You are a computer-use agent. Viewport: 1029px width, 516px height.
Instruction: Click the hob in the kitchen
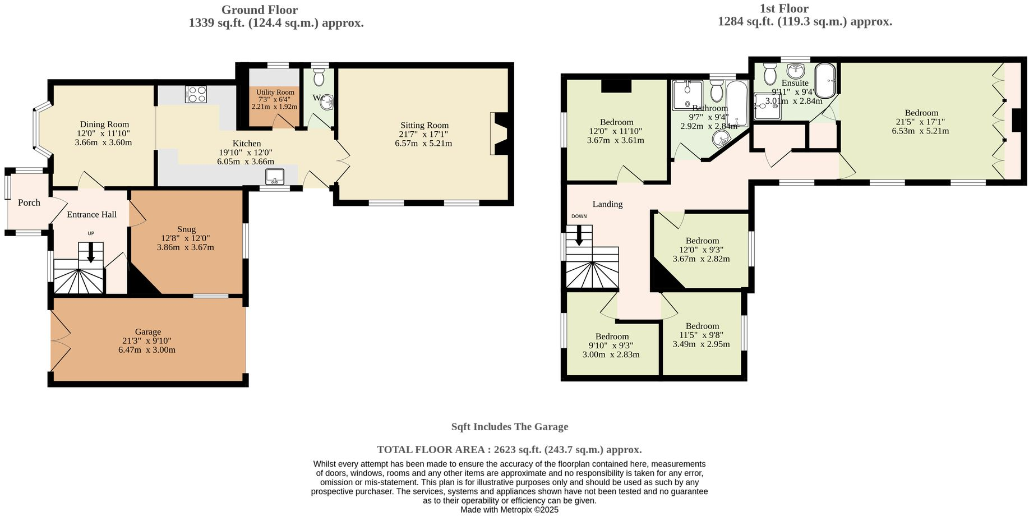coord(196,94)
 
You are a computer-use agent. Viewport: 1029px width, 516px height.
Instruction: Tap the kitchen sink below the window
coord(275,177)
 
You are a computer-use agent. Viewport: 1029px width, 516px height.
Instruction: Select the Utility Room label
coord(275,92)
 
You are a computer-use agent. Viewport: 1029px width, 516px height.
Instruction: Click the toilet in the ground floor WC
coord(319,77)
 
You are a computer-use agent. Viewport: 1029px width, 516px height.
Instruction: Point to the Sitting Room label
coord(424,125)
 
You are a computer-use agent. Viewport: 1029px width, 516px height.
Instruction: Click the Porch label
coord(29,202)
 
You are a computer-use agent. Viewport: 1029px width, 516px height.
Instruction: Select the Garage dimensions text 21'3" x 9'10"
coord(147,340)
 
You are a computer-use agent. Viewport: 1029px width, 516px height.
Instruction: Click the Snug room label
coord(186,229)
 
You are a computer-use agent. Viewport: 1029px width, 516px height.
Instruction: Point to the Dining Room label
coord(104,125)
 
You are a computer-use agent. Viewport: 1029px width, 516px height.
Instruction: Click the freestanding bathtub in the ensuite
coord(825,81)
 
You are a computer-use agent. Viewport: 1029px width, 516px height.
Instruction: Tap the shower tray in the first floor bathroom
coord(687,95)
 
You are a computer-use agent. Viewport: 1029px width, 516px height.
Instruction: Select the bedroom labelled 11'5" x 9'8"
coord(702,326)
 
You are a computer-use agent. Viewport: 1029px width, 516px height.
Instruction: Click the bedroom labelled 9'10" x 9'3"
coord(612,337)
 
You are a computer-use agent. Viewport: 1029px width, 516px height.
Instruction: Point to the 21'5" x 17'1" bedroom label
coord(921,113)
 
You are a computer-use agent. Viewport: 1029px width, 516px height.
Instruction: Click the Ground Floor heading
coord(259,10)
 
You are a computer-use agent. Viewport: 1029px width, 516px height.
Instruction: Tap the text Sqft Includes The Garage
coord(510,426)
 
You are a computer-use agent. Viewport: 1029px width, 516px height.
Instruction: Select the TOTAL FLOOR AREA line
coord(509,449)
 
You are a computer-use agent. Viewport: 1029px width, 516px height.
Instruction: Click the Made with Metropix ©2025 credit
coord(509,510)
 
